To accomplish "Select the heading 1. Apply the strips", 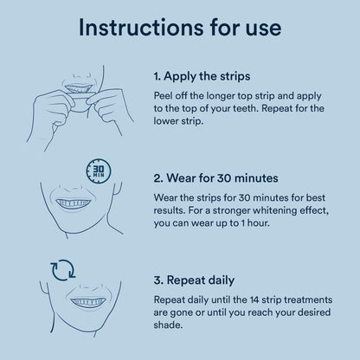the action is pos(202,76).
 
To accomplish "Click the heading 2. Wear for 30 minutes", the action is pos(215,178).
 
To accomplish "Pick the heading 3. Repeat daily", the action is pos(194,280).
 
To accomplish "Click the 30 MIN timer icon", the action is pos(99,170).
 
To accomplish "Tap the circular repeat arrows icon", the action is pos(63,270).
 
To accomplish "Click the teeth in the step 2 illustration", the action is pos(74,203).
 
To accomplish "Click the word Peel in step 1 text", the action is pos(163,96).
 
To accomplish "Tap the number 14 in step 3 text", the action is pos(255,299).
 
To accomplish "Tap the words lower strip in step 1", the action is pos(178,121).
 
